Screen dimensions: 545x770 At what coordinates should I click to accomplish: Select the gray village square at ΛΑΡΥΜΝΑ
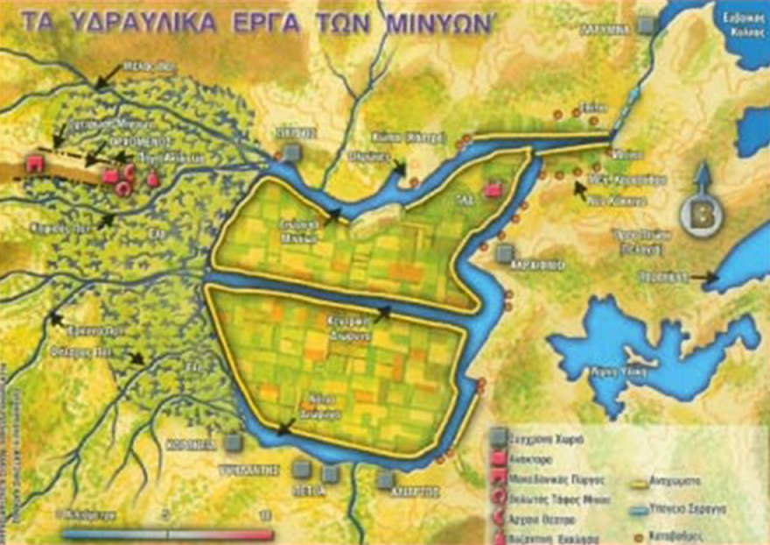click(x=646, y=26)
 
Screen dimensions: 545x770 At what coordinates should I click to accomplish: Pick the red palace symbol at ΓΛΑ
click(x=493, y=189)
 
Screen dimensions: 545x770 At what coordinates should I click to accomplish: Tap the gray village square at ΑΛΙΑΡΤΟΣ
click(x=386, y=480)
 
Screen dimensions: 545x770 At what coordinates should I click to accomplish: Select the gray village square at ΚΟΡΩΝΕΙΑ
click(x=232, y=442)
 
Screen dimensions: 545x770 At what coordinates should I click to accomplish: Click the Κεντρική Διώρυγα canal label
click(x=357, y=321)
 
